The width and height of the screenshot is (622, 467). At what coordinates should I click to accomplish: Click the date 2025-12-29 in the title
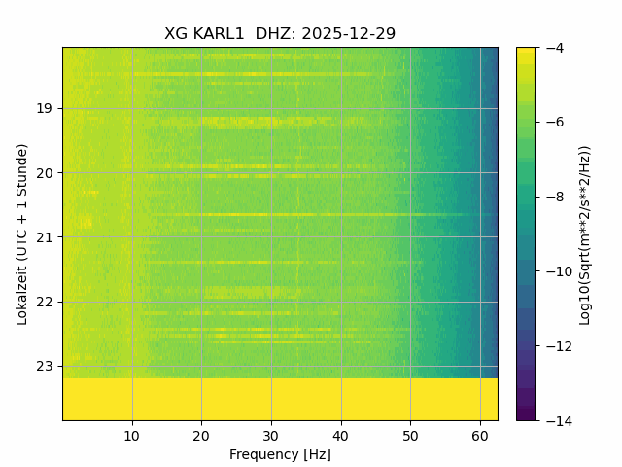[349, 34]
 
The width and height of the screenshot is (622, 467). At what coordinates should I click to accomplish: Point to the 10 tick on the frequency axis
[132, 434]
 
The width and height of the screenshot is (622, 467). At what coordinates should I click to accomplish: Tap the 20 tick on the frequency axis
[201, 434]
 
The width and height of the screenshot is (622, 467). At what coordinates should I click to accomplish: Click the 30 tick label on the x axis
[271, 434]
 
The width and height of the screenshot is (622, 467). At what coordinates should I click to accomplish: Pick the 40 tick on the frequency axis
[341, 434]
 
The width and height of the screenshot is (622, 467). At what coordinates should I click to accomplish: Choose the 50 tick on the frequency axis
[410, 434]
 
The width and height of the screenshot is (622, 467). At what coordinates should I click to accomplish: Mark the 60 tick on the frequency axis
[480, 434]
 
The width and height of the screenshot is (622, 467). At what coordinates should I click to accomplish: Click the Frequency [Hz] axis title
[280, 454]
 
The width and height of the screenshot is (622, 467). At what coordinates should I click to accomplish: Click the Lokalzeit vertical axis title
[22, 233]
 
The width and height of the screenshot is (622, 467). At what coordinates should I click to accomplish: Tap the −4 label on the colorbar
[550, 48]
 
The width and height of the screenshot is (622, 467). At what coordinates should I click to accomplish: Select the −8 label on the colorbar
[550, 197]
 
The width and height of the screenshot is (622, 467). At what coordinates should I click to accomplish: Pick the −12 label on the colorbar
[554, 346]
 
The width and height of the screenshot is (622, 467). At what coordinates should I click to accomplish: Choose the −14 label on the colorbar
[554, 420]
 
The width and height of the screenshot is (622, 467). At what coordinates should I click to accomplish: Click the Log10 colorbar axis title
[585, 233]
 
